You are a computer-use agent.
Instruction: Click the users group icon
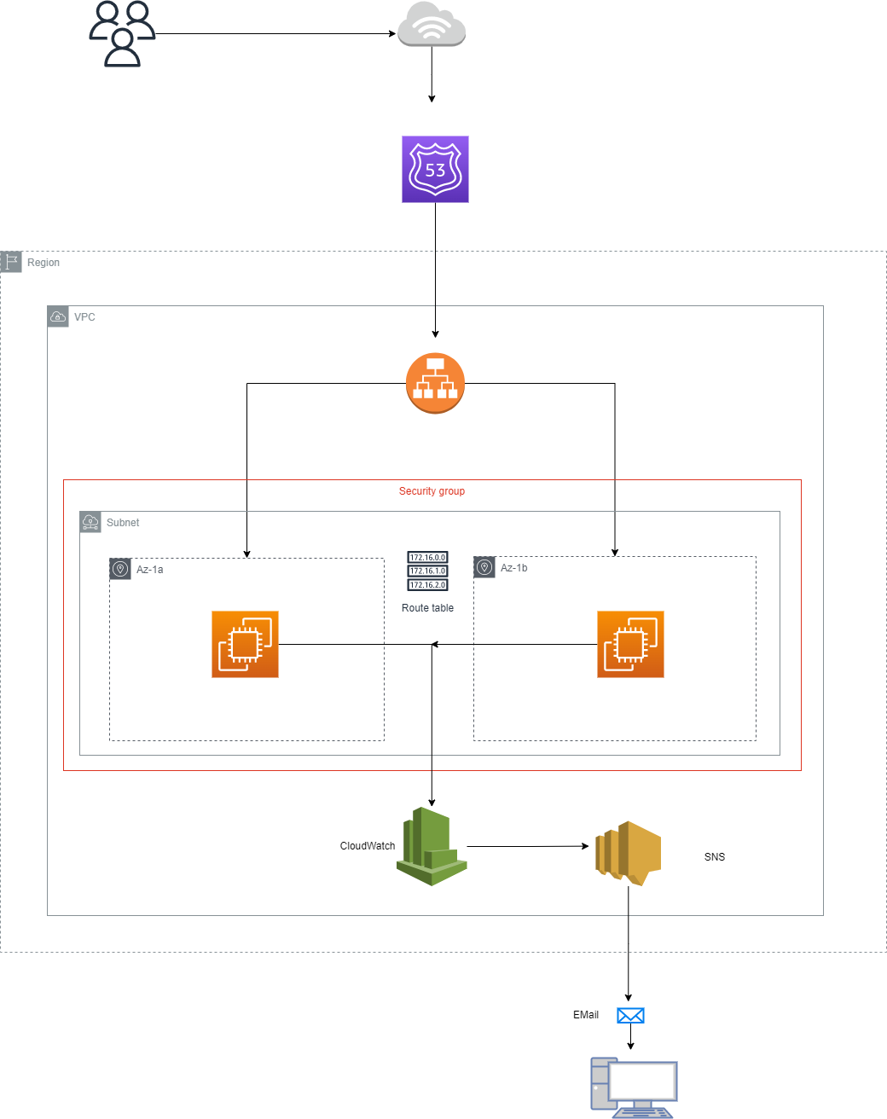(122, 34)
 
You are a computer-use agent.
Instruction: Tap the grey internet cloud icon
(432, 24)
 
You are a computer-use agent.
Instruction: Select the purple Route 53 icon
(435, 169)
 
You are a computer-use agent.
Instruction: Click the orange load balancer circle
(435, 383)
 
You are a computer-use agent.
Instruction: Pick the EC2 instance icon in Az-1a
(245, 644)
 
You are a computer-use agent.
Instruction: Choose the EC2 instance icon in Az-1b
(630, 644)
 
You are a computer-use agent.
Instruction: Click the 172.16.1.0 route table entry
(427, 571)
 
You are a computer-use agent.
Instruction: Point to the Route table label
(427, 608)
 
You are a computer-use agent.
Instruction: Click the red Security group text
(432, 491)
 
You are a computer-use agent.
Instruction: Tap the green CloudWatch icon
(432, 847)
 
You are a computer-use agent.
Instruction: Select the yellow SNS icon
(628, 853)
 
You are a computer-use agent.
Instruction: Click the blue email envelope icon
(630, 1015)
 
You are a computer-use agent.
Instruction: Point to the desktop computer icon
(635, 1087)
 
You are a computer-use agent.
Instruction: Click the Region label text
(43, 263)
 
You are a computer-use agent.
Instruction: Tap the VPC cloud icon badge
(58, 316)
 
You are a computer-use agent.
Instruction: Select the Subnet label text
(123, 523)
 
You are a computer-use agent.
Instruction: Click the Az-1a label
(150, 570)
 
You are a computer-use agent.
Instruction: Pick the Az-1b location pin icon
(484, 567)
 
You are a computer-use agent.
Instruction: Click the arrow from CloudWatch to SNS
(528, 847)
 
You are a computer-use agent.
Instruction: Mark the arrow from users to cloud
(276, 34)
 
